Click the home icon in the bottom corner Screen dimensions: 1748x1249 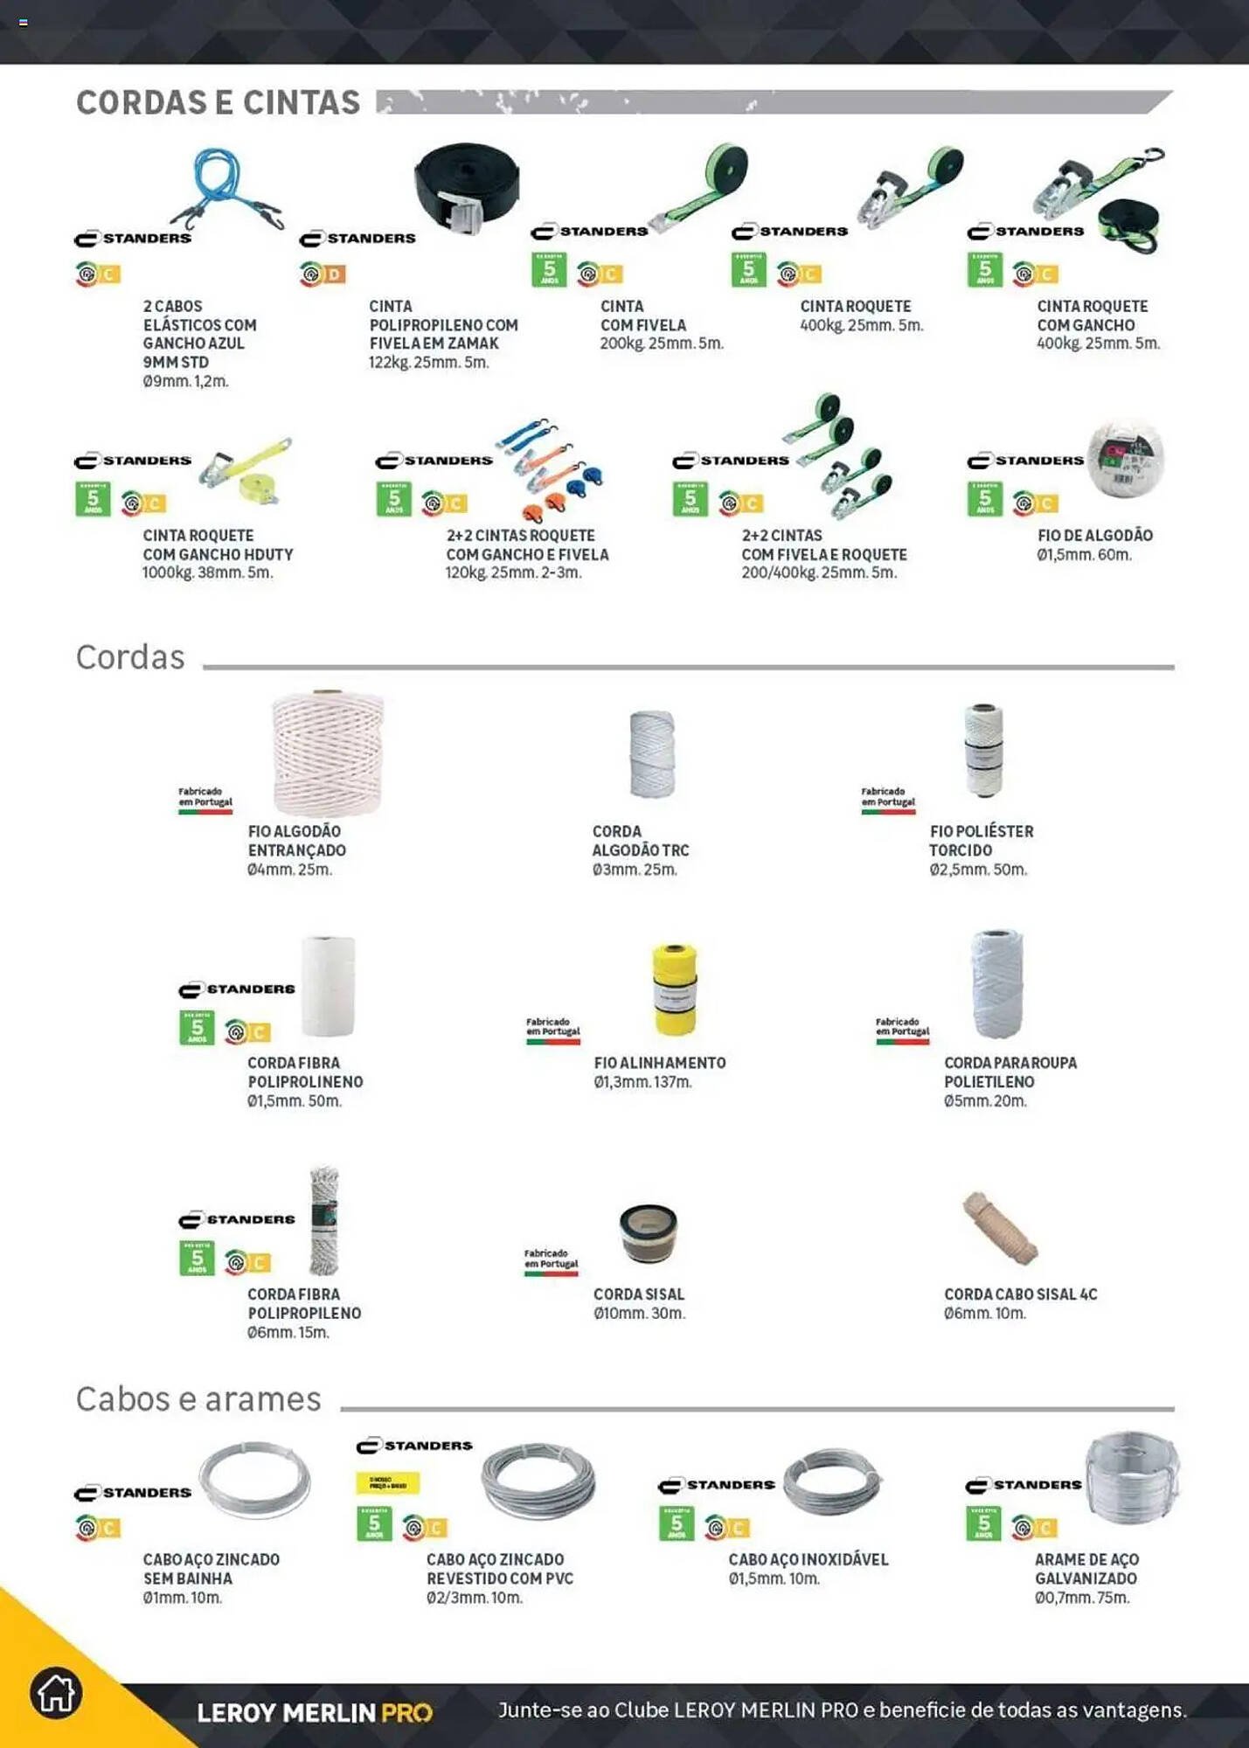tap(56, 1693)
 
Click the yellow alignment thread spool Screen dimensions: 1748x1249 tap(675, 989)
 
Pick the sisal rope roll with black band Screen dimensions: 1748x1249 tap(648, 1232)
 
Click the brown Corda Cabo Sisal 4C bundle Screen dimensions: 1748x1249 tap(1000, 1227)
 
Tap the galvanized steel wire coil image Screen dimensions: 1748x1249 tap(1132, 1478)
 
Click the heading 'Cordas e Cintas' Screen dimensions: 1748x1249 tap(218, 102)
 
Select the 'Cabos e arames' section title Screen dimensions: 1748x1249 tap(198, 1399)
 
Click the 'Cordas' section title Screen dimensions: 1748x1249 tap(130, 657)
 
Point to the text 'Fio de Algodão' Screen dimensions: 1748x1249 tap(1094, 535)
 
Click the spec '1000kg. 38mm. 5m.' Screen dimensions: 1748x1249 tap(207, 573)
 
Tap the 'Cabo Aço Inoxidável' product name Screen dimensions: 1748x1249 tap(808, 1559)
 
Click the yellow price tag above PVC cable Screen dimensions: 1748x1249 tap(388, 1483)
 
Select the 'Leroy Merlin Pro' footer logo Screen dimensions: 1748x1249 tap(314, 1712)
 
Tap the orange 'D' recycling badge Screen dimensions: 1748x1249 tap(334, 274)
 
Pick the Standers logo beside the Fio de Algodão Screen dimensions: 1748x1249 tap(1025, 461)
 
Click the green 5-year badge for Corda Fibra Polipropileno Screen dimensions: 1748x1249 tap(197, 1259)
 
